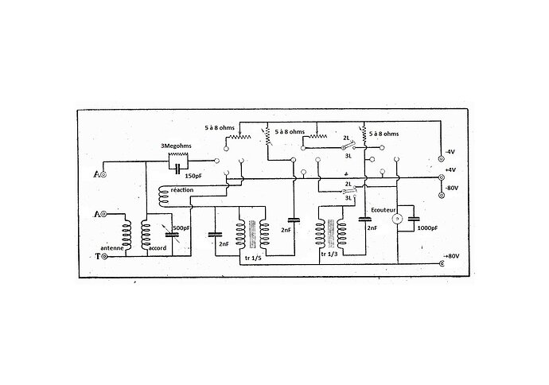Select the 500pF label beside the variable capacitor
(x=181, y=228)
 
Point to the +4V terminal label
(x=452, y=169)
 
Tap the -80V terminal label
(x=454, y=188)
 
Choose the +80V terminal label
(x=452, y=255)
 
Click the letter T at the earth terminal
(x=97, y=257)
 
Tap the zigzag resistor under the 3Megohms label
(x=177, y=156)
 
